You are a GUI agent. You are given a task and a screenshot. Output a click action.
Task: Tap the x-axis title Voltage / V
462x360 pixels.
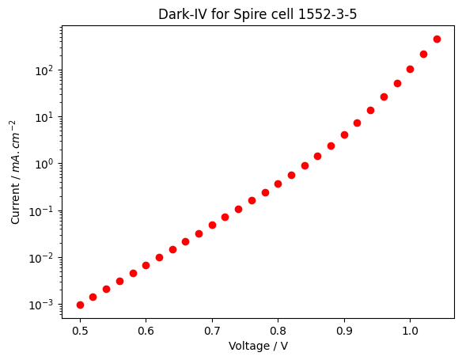coord(258,346)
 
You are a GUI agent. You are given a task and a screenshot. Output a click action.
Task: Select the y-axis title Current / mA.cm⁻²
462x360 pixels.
coord(15,172)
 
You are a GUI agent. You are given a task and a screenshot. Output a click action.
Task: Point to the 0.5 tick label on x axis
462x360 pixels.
coord(80,331)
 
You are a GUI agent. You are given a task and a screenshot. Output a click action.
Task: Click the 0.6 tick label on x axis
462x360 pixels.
coord(146,331)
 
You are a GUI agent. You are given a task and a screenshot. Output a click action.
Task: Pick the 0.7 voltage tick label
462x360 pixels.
coord(212,331)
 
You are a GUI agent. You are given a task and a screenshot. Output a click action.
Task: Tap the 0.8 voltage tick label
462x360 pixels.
coord(278,331)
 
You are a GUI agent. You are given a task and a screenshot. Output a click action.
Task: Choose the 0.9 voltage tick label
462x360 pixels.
coord(344,331)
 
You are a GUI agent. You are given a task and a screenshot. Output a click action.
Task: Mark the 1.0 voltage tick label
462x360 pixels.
coord(410,331)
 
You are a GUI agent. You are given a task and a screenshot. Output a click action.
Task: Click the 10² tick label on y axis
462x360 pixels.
coord(44,70)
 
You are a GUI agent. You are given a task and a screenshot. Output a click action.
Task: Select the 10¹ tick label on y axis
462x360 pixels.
coord(44,117)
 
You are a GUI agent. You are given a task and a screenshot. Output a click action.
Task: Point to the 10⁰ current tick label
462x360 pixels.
coord(44,164)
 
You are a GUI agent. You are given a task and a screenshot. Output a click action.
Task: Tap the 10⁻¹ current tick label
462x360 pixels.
coord(41,211)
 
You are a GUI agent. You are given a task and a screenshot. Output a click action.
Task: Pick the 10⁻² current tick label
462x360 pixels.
coord(41,258)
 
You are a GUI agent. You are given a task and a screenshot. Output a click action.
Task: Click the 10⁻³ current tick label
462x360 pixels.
coord(41,305)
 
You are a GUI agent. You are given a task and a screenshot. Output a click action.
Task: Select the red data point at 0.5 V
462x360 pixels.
coord(80,305)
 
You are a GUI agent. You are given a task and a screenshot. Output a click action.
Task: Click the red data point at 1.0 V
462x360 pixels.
coord(410,70)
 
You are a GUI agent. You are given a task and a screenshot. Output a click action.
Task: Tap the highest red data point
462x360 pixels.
coord(437,40)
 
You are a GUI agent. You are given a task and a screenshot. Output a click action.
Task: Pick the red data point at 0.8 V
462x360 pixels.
coord(278,184)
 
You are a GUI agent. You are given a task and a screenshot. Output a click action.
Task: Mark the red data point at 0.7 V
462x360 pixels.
coord(212,225)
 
